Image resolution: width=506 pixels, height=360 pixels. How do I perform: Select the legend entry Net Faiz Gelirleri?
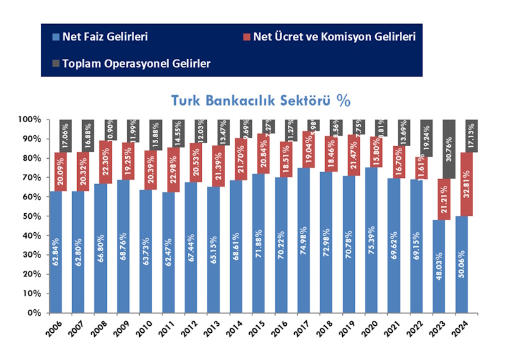(x=105, y=37)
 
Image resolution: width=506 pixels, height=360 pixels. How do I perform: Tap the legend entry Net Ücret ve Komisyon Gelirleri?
(x=334, y=37)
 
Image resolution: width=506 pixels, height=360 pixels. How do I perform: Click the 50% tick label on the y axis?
(x=32, y=216)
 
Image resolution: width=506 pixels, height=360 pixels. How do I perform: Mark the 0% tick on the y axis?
(x=34, y=313)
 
